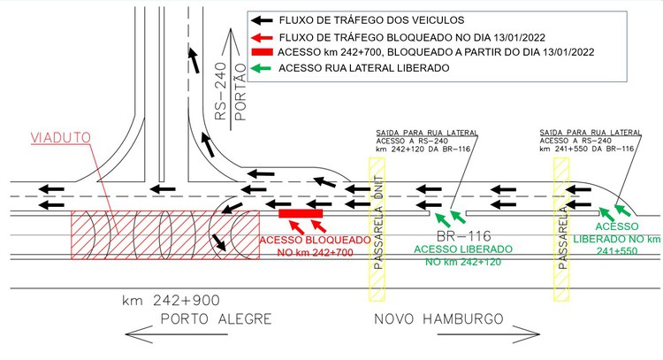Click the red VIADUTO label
61,138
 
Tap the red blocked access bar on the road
301,213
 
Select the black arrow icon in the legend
262,20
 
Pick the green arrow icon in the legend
261,68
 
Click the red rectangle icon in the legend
263,52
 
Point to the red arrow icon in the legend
262,37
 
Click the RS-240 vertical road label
221,91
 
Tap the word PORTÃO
240,92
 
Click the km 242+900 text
171,301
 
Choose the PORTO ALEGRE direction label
216,318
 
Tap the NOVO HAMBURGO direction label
438,318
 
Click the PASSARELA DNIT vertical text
378,223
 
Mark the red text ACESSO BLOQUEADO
315,241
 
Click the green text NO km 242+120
463,263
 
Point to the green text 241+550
617,251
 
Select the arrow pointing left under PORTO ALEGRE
176,334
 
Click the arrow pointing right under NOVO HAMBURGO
488,334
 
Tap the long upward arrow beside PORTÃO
231,79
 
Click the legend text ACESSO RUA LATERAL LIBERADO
363,68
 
